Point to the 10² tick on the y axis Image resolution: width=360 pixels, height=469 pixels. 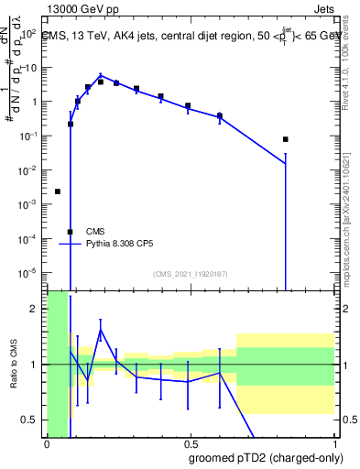pyautogui.click(x=28, y=33)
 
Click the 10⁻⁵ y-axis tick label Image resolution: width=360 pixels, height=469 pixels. pyautogui.click(x=27, y=272)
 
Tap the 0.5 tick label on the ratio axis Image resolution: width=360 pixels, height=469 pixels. pyautogui.click(x=31, y=420)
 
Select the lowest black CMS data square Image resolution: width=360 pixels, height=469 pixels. pyautogui.click(x=71, y=232)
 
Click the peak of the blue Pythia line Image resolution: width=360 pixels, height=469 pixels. pyautogui.click(x=101, y=76)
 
